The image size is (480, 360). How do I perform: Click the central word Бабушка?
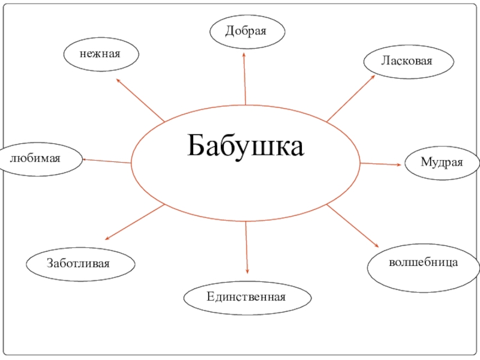tap(246, 146)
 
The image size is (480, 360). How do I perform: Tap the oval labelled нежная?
tap(101, 54)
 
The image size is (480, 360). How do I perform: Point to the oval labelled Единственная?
tap(247, 296)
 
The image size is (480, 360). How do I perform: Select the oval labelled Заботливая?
tap(80, 262)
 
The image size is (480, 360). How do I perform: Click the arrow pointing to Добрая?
tap(245, 78)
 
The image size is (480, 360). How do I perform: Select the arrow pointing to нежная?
tap(140, 99)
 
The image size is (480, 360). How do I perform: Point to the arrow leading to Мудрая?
tap(382, 163)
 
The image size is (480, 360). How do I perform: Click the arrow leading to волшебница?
tap(353, 226)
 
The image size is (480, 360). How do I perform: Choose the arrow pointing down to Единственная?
tap(247, 247)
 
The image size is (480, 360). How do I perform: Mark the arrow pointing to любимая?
tap(106, 160)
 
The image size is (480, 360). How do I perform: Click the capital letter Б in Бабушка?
tap(197, 146)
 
